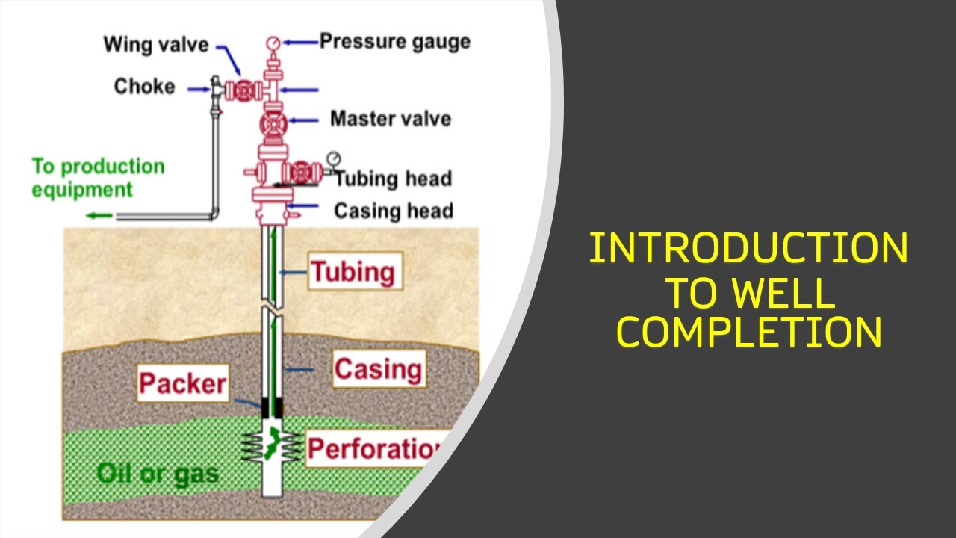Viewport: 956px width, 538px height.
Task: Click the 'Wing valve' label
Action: tap(156, 44)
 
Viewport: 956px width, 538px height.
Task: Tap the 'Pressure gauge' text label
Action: tap(395, 41)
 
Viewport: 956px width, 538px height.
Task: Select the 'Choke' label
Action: tap(144, 87)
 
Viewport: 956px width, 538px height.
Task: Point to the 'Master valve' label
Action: tap(391, 118)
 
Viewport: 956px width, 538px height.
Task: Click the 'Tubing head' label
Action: tap(393, 179)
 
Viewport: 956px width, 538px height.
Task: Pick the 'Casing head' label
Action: tap(394, 211)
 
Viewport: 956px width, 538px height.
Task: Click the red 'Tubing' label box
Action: tap(353, 271)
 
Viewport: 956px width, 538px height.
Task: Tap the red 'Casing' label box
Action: tap(379, 369)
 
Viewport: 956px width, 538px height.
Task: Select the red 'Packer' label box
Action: tap(182, 383)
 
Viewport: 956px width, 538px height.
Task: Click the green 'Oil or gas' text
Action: tap(158, 473)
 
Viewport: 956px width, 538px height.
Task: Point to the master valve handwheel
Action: tap(273, 124)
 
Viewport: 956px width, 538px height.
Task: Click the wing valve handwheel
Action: tap(243, 90)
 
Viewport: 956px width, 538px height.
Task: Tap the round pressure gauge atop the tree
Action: tap(273, 43)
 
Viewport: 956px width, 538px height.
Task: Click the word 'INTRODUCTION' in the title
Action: tap(748, 249)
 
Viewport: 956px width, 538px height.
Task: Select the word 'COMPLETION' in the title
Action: tap(749, 333)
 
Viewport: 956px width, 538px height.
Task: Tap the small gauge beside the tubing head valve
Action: tap(333, 158)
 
